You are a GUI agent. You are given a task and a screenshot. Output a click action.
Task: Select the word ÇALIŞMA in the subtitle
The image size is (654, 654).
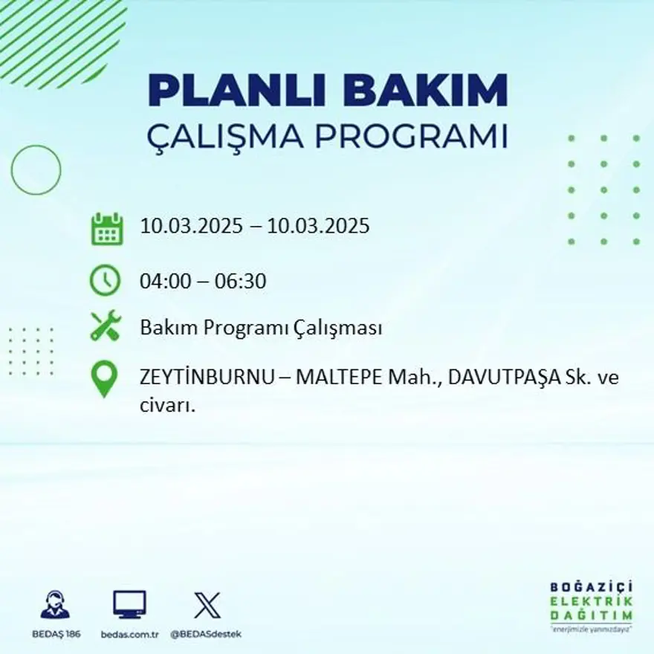[x=227, y=137]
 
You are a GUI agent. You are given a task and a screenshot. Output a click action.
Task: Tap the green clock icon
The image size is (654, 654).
[x=105, y=280]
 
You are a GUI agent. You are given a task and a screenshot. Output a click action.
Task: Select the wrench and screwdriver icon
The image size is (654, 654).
[x=106, y=326]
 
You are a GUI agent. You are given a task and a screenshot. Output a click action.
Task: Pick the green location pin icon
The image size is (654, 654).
[x=104, y=378]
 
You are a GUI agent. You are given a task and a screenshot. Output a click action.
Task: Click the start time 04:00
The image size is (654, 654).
[x=162, y=282]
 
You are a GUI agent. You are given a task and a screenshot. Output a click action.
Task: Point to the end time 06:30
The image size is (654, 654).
[x=241, y=282]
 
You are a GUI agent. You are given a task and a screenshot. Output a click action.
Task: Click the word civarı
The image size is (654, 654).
[x=167, y=405]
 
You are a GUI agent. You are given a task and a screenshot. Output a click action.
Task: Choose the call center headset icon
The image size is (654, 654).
[x=55, y=605]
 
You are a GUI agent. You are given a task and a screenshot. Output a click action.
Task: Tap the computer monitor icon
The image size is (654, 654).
[x=129, y=604]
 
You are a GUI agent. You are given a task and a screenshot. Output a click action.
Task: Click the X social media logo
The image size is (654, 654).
[x=207, y=604]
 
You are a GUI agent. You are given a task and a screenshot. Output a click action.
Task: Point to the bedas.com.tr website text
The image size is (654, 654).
[x=130, y=634]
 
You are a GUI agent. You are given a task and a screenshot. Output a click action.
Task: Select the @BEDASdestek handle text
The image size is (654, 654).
[x=207, y=634]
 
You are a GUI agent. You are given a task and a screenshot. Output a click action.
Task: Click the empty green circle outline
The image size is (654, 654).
[x=36, y=170]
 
